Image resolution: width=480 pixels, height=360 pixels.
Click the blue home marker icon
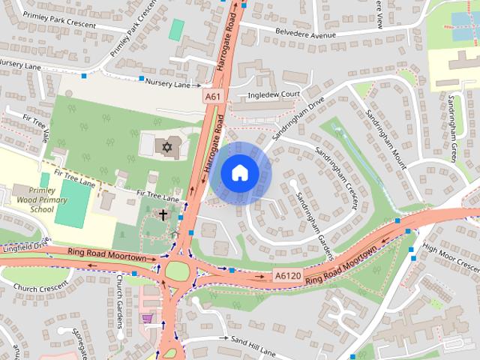239,173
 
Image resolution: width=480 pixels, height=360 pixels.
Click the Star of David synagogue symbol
167,145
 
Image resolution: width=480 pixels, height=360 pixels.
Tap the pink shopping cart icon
147,318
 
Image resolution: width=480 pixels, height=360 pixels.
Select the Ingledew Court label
274,95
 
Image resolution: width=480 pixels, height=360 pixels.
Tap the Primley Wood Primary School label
33,200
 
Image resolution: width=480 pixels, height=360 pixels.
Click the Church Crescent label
35,286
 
